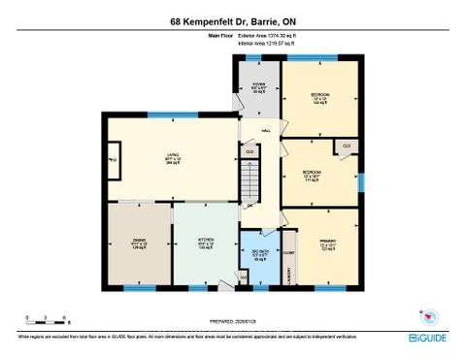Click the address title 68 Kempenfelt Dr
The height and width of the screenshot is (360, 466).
(x=232, y=16)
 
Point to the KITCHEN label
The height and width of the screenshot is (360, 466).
(x=205, y=244)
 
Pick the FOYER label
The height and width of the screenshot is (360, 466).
(x=259, y=85)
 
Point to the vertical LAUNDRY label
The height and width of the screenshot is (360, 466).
(x=289, y=277)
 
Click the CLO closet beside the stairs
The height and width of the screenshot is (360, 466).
(x=250, y=152)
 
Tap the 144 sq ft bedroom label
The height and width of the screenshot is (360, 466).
(x=320, y=97)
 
